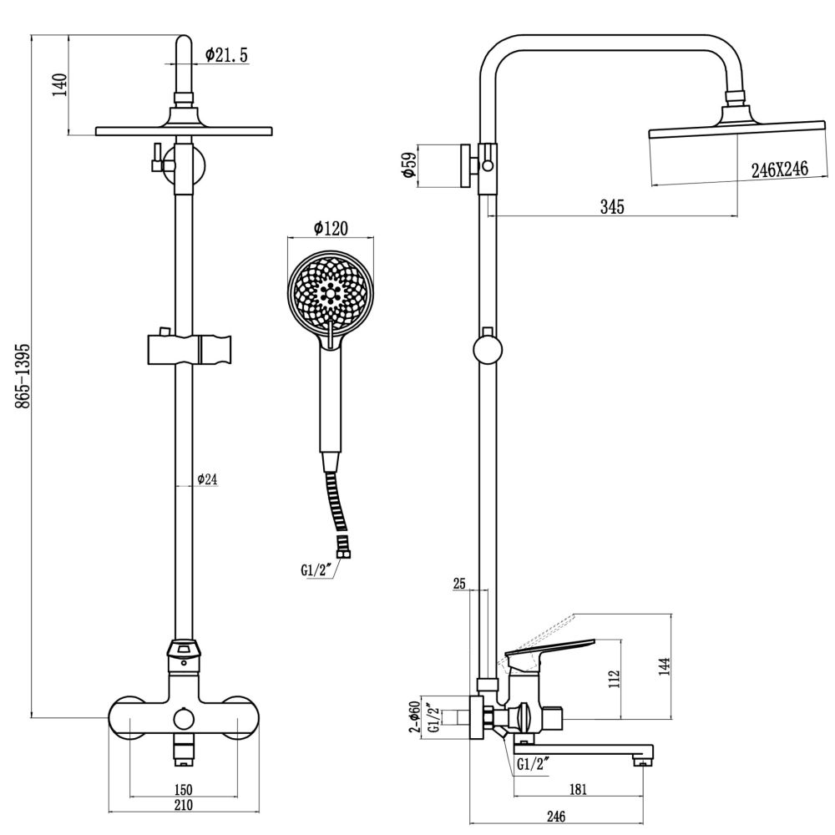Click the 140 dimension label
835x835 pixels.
pos(59,84)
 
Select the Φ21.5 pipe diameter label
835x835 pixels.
pos(226,56)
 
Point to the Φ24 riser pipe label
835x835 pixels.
pos(207,479)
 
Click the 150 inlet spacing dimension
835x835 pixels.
pos(184,789)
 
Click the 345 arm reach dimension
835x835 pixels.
pos(612,207)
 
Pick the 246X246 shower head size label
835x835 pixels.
pos(779,170)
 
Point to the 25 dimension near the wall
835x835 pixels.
pos(458,584)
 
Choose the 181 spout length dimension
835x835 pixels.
pos(577,787)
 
